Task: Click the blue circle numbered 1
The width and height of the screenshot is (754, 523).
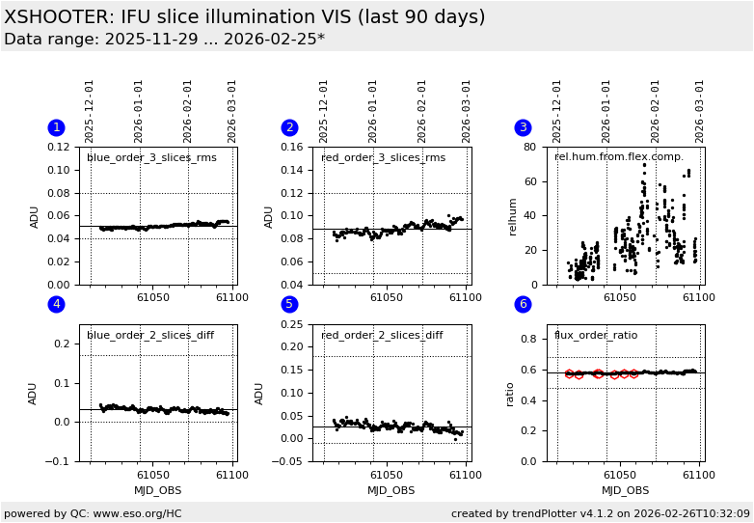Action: (56, 127)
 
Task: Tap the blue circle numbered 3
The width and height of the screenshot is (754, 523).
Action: (523, 127)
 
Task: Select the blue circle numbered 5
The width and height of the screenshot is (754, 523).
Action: (289, 305)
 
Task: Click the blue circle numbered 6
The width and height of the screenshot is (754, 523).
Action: (523, 305)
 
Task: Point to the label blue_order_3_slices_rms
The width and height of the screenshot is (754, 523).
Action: (151, 158)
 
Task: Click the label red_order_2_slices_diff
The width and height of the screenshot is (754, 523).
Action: (382, 336)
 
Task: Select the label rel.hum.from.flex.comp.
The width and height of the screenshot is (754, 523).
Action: (618, 157)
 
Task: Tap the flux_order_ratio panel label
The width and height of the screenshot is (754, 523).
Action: (596, 336)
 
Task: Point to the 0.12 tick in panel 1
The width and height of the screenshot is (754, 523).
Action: (60, 147)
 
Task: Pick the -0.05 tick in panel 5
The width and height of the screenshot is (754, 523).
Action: (289, 461)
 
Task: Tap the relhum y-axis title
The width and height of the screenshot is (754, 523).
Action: (514, 216)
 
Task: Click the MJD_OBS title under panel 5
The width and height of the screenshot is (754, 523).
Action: (391, 490)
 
